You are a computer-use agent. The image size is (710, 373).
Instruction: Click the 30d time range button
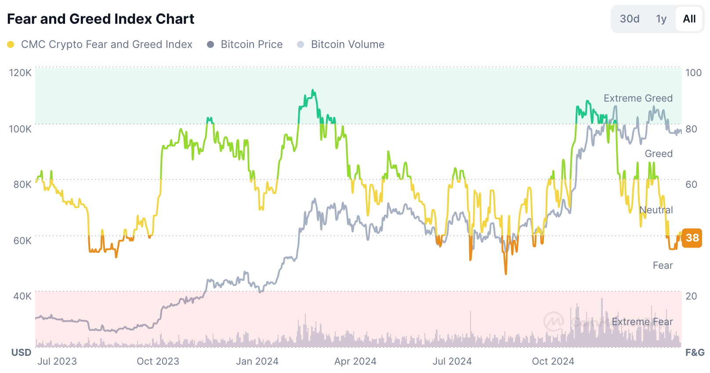pyautogui.click(x=629, y=19)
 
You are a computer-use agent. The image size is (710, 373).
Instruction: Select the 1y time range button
pyautogui.click(x=661, y=19)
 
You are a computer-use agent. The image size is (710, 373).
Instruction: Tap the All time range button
pyautogui.click(x=689, y=19)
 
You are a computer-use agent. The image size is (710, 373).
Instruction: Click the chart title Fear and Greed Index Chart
pyautogui.click(x=101, y=19)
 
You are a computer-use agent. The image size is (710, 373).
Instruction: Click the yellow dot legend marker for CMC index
pyautogui.click(x=11, y=44)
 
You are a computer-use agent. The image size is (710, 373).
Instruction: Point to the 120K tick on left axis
pyautogui.click(x=20, y=73)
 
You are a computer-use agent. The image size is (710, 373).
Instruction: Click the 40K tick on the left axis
pyautogui.click(x=22, y=296)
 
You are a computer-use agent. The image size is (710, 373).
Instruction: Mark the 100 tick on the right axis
pyautogui.click(x=693, y=73)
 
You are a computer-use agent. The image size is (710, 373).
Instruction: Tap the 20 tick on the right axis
pyautogui.click(x=691, y=296)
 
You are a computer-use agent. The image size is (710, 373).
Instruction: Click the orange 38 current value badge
pyautogui.click(x=692, y=238)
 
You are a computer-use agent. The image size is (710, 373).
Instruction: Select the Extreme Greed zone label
pyautogui.click(x=638, y=98)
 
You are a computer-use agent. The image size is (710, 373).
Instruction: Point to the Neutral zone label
pyautogui.click(x=656, y=210)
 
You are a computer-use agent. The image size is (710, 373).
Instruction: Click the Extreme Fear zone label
pyautogui.click(x=642, y=322)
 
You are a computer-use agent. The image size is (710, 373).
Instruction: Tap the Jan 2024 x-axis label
pyautogui.click(x=257, y=361)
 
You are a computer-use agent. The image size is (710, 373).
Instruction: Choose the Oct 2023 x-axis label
pyautogui.click(x=158, y=361)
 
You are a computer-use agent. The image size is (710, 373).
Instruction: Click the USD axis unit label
pyautogui.click(x=21, y=352)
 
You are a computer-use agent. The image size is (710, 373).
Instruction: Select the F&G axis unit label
pyautogui.click(x=695, y=352)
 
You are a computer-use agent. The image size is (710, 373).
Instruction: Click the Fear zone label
pyautogui.click(x=663, y=265)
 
